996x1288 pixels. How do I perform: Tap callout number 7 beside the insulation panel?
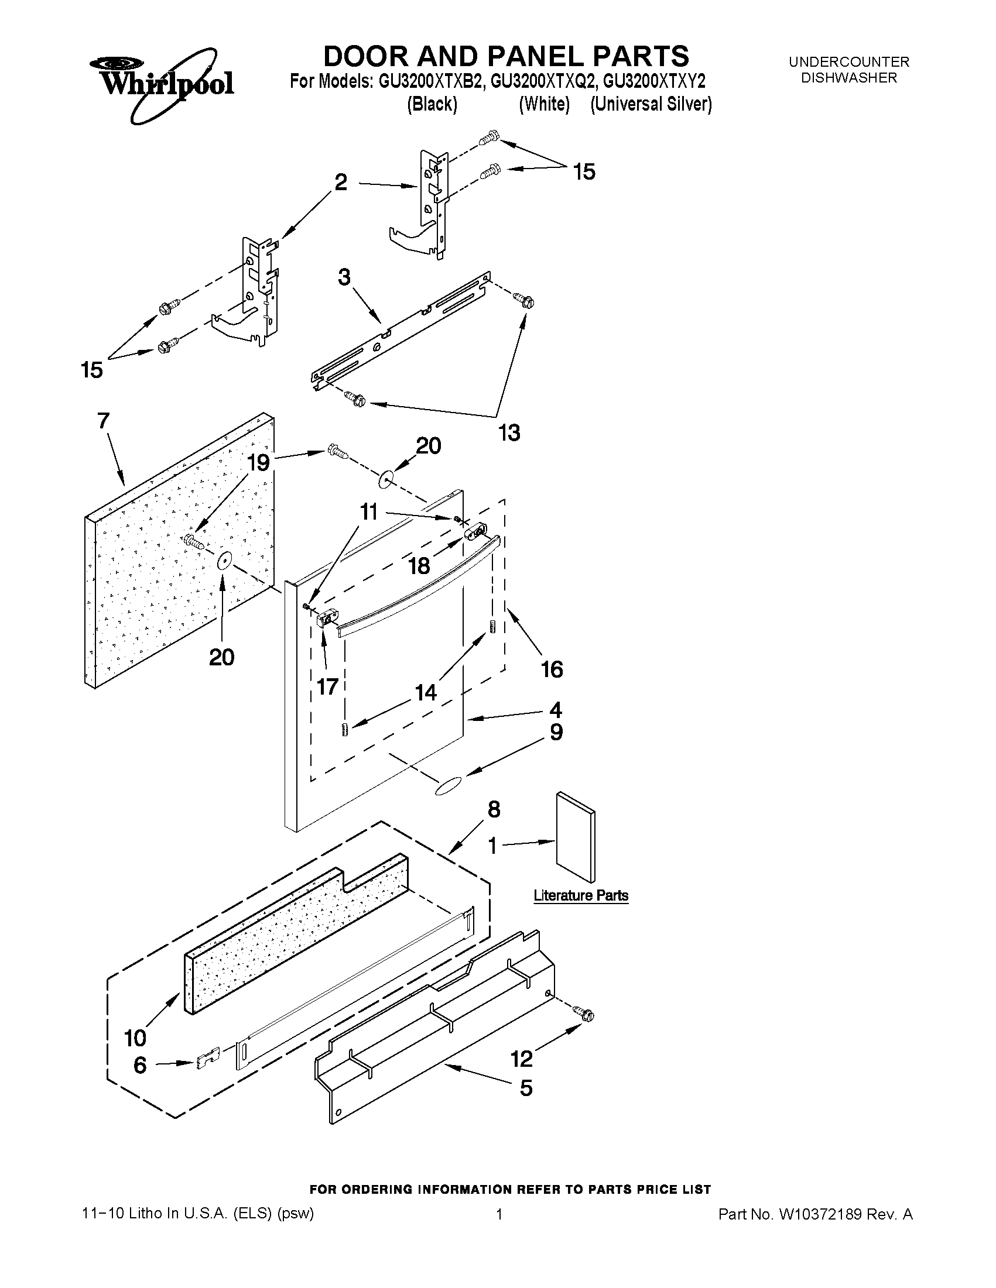pyautogui.click(x=103, y=421)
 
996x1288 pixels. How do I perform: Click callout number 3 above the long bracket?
pyautogui.click(x=344, y=277)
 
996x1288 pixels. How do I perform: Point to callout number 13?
pyautogui.click(x=509, y=433)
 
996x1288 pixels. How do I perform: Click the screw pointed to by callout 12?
pyautogui.click(x=587, y=1014)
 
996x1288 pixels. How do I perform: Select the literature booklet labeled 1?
pyautogui.click(x=576, y=838)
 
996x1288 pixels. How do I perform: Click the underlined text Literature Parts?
pyautogui.click(x=581, y=895)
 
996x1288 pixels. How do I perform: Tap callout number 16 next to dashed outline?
pyautogui.click(x=552, y=669)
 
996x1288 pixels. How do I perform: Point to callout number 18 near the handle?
pyautogui.click(x=419, y=566)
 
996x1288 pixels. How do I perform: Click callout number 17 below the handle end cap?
pyautogui.click(x=327, y=686)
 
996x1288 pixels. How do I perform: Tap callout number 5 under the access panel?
pyautogui.click(x=526, y=1088)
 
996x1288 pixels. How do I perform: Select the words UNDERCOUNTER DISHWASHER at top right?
pyautogui.click(x=848, y=70)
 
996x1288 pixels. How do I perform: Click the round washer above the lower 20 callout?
pyautogui.click(x=223, y=561)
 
